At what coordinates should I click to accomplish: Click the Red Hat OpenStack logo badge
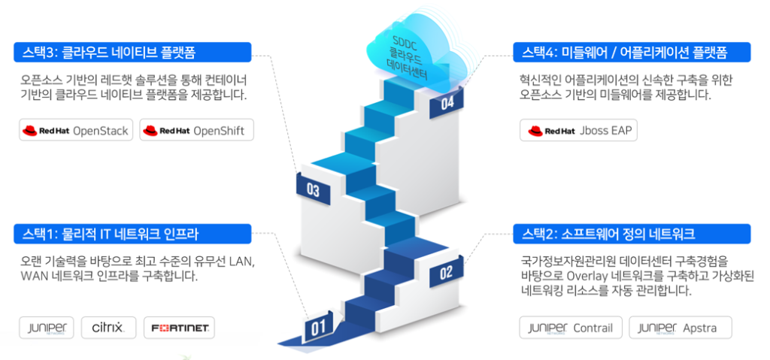(76, 130)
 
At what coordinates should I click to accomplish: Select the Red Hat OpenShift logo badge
(197, 130)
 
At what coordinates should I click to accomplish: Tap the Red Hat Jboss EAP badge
(578, 130)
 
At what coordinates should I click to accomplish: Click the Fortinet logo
(179, 328)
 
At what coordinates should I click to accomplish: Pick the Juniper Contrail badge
(569, 328)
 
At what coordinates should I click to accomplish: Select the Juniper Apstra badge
(680, 328)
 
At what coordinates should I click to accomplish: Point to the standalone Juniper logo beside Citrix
(47, 328)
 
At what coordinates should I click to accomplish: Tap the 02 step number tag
(445, 272)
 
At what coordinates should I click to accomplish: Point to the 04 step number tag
(447, 104)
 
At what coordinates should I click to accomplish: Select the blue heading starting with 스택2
(632, 234)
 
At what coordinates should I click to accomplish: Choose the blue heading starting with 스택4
(632, 52)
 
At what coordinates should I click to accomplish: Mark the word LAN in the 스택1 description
(241, 262)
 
